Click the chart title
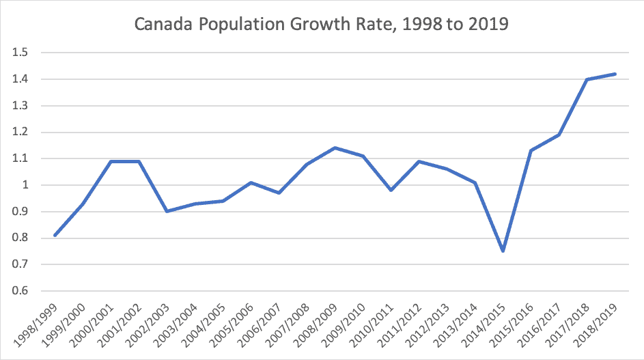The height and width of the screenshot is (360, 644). [322, 25]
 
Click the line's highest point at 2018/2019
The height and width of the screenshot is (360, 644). [615, 74]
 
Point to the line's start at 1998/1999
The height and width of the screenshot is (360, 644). [55, 235]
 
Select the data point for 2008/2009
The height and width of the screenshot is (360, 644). [335, 148]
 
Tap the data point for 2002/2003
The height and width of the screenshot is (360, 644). [167, 211]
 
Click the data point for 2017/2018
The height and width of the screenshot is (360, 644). [587, 79]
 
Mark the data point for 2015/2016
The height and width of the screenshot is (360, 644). [531, 150]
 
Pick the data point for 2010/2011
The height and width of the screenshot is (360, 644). [391, 190]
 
